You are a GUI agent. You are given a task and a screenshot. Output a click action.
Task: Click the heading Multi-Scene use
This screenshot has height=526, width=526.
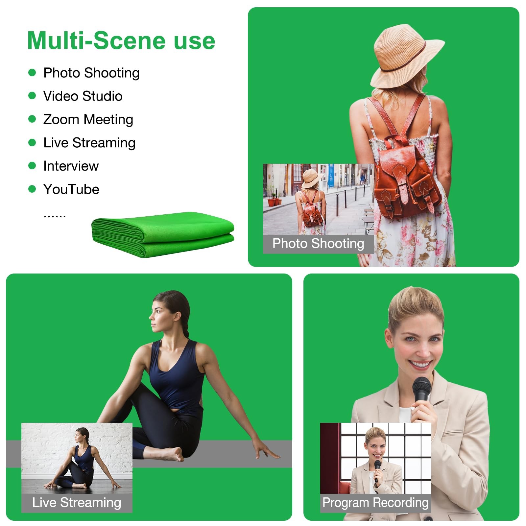point(121,40)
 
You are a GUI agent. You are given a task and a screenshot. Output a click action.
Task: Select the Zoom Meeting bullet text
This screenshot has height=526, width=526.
point(88,120)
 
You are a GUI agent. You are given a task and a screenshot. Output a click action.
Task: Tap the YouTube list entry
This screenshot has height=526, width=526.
point(71,189)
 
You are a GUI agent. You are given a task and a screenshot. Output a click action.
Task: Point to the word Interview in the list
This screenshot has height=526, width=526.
point(71,166)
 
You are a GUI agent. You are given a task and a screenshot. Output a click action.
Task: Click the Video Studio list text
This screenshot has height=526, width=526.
point(83,96)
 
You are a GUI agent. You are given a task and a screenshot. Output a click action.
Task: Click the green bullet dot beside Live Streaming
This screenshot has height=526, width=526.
point(32,142)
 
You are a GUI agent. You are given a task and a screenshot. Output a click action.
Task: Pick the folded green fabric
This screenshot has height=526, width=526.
point(163,234)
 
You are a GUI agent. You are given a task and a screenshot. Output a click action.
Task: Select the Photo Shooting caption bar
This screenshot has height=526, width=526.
point(318,244)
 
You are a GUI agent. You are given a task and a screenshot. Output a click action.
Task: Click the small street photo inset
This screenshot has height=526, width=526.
point(318,199)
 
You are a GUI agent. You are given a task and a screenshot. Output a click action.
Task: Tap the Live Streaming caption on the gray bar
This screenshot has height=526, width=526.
point(77,503)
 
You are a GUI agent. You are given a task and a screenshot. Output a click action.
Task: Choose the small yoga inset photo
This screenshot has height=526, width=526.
point(77,458)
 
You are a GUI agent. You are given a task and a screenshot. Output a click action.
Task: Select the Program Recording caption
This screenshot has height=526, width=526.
point(375,503)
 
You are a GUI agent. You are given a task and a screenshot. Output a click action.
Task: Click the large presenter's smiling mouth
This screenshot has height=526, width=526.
point(419,364)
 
